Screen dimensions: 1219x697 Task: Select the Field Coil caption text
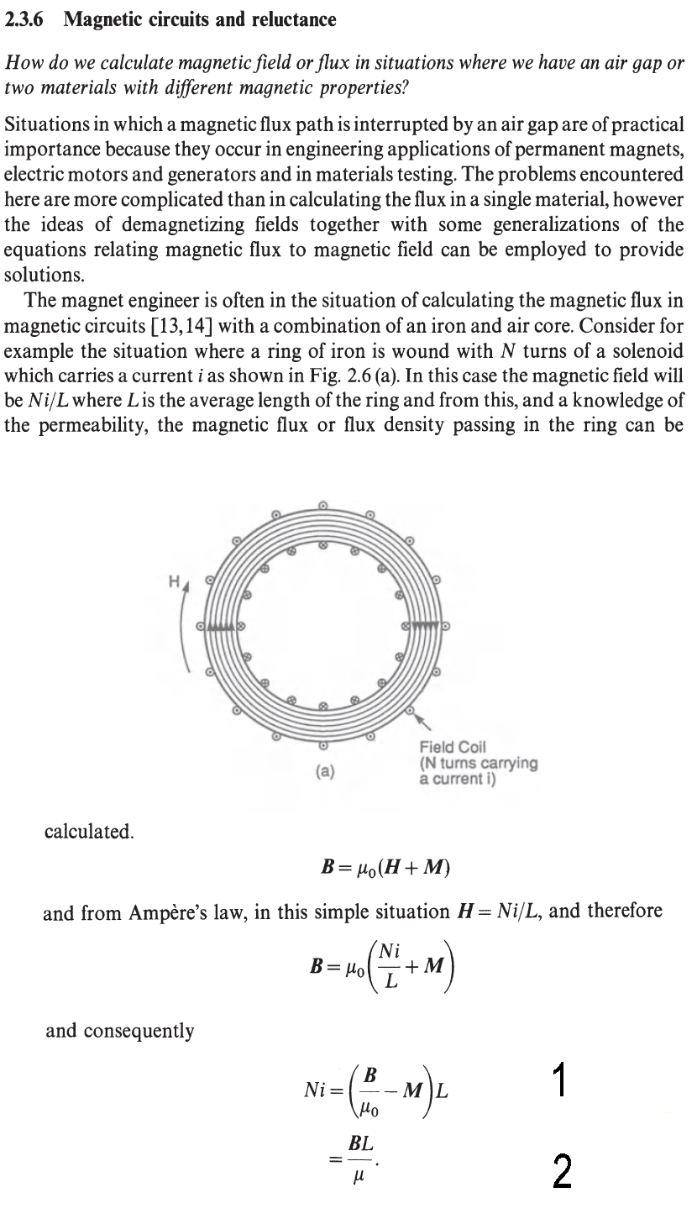[478, 763]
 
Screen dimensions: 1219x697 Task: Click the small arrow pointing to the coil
[424, 719]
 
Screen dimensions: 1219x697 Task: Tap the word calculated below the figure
[88, 832]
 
